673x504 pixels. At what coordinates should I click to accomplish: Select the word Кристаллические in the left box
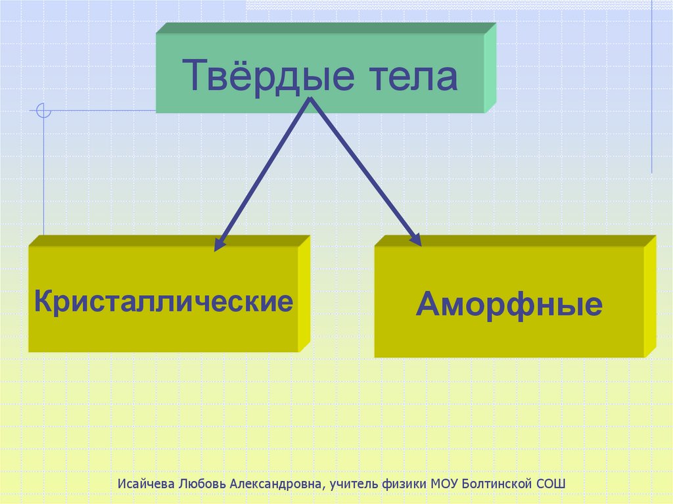tap(164, 302)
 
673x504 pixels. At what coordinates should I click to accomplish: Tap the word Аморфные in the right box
tap(509, 305)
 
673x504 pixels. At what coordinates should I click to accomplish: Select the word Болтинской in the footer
tap(496, 484)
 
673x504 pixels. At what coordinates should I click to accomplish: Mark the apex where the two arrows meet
tap(311, 101)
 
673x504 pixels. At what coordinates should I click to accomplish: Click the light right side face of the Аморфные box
tap(649, 297)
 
